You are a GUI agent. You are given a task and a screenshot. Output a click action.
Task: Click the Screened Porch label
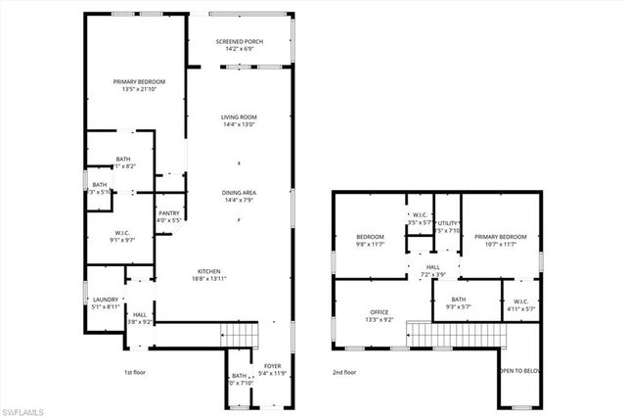[x=239, y=40]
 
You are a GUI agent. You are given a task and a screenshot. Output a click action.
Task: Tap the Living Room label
[x=239, y=116]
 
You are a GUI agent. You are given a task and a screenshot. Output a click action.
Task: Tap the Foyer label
[x=271, y=365]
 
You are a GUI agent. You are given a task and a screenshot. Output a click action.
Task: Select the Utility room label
[x=448, y=224]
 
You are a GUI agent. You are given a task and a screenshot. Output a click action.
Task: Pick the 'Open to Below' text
[x=520, y=372]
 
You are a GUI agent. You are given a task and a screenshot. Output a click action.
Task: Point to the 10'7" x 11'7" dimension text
[x=501, y=244]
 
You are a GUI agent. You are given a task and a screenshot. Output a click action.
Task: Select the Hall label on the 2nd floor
[x=432, y=267]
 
